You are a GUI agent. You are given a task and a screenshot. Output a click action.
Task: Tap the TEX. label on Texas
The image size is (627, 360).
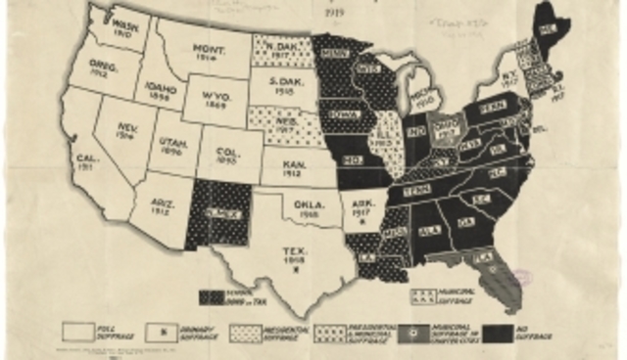pos(292,256)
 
